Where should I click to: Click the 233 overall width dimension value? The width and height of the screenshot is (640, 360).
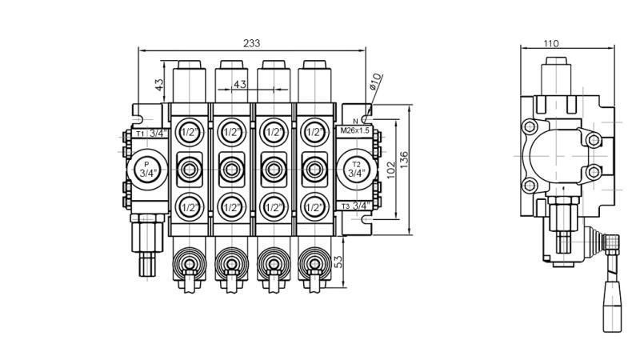pos(252,43)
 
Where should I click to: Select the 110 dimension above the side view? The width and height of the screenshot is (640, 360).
pos(551,44)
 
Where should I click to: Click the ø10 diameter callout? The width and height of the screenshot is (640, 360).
pos(376,82)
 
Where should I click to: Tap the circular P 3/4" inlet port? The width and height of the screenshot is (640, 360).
pos(146,168)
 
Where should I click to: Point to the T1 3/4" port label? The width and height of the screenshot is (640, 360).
pos(150,133)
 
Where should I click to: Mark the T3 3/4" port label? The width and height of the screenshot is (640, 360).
pos(355,206)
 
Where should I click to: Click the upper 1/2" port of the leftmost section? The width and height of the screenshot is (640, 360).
pos(190,131)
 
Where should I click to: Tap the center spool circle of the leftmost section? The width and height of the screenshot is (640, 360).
pos(190,168)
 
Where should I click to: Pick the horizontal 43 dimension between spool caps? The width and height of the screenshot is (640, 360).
pos(239,84)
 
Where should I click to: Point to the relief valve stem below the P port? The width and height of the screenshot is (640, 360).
pos(147,252)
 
